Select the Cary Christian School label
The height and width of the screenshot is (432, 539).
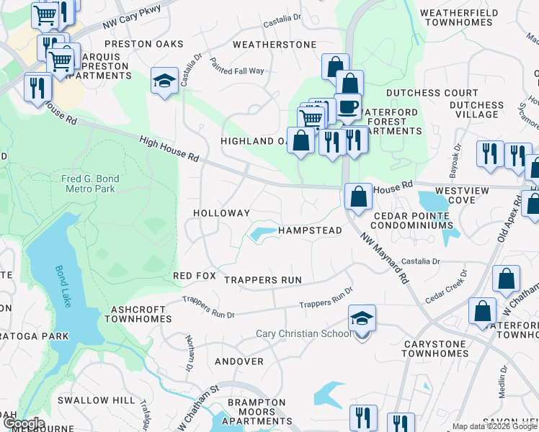pyautogui.click(x=303, y=334)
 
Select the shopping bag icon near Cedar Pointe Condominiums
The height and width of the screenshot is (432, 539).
pyautogui.click(x=358, y=196)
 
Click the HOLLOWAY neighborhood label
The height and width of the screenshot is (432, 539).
pyautogui.click(x=221, y=213)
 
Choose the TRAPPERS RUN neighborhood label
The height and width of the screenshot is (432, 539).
pyautogui.click(x=262, y=280)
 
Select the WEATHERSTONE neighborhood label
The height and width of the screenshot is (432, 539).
pyautogui.click(x=275, y=45)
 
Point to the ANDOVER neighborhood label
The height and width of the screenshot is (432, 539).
pyautogui.click(x=239, y=361)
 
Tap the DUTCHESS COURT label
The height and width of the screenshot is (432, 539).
pyautogui.click(x=432, y=93)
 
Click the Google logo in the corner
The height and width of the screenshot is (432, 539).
pyautogui.click(x=23, y=423)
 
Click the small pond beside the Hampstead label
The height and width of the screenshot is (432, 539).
pyautogui.click(x=262, y=233)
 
